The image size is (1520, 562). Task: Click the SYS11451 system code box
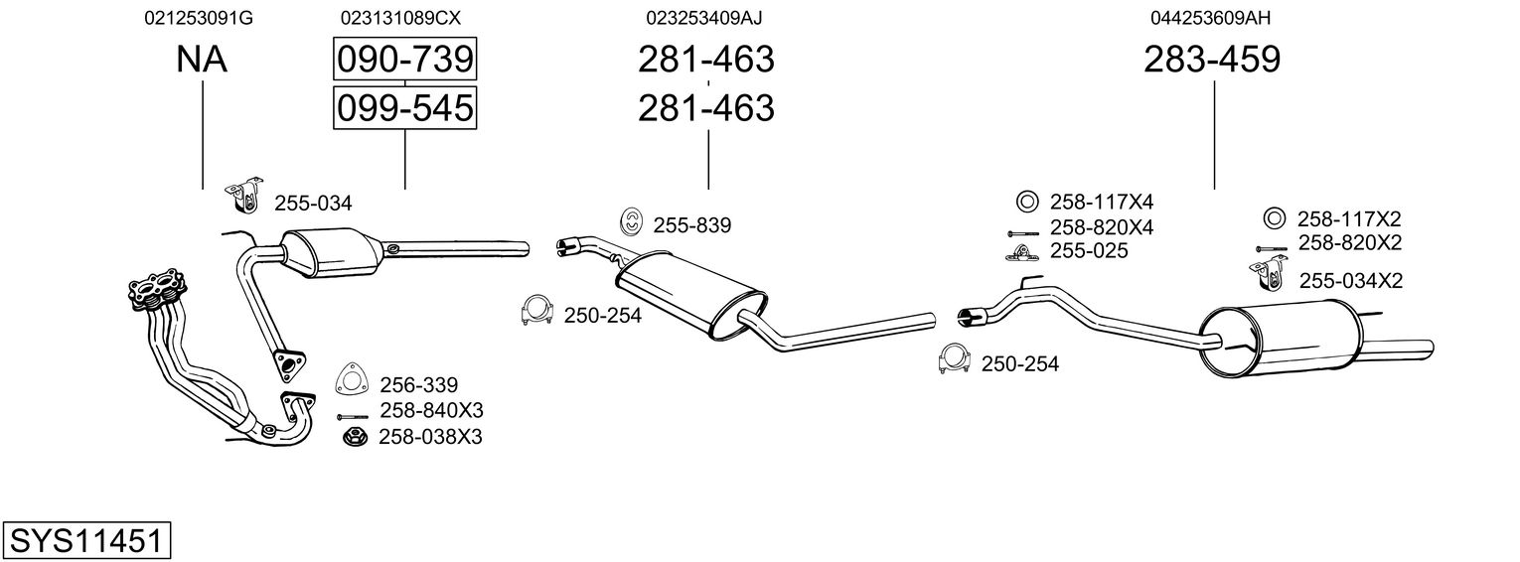86,540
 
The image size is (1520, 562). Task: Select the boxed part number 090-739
405,59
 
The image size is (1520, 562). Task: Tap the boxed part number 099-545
405,108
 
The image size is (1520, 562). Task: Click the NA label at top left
202,59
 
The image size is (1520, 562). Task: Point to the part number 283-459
1212,59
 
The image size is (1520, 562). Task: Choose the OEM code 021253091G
198,18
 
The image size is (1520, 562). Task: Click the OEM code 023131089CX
400,18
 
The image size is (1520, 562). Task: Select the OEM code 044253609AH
1210,18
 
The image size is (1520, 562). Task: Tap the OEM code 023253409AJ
703,18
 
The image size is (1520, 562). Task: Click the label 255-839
692,225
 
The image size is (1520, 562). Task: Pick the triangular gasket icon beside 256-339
352,380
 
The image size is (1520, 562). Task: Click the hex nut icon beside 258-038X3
355,438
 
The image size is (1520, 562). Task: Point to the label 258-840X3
431,411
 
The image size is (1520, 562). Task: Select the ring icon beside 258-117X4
1027,202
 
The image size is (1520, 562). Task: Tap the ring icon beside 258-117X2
1275,218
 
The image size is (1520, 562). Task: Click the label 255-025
1089,251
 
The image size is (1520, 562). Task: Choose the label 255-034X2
1350,281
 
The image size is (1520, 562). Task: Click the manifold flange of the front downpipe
157,290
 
